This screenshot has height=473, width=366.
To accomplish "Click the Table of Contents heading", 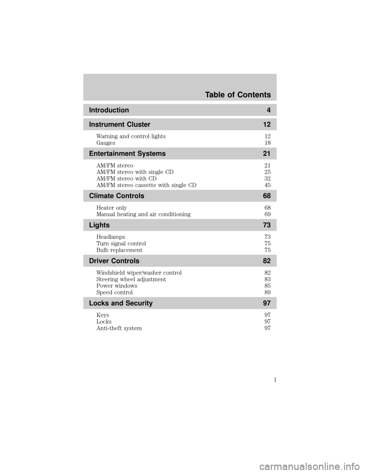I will (238, 95).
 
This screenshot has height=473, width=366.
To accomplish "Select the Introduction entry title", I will (109, 110).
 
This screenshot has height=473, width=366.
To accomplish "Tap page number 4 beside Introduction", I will (268, 110).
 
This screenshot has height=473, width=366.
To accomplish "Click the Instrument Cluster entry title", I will (119, 125).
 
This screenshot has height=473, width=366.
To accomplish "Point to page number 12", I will (266, 125).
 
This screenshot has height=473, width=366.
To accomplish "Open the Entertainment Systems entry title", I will (127, 153).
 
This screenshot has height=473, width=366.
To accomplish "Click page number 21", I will (266, 153).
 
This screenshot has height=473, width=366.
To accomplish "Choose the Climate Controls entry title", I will (116, 196).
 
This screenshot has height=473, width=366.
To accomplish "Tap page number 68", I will (266, 196).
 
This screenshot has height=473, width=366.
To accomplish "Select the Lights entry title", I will (99, 225).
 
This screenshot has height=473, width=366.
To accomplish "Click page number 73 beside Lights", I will (266, 225).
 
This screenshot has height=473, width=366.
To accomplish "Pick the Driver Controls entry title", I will (114, 261).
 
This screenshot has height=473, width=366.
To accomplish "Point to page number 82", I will (266, 261).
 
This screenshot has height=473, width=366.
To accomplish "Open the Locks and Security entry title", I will (120, 303).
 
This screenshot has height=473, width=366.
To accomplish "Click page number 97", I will (266, 303).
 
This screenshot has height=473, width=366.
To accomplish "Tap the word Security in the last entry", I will (139, 303).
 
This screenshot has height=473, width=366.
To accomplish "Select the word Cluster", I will (138, 125).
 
